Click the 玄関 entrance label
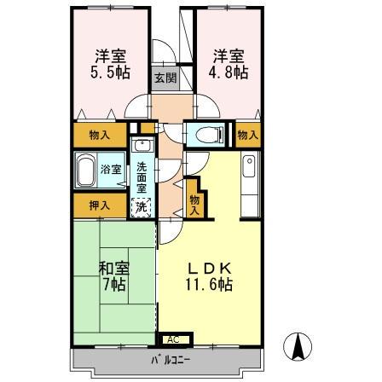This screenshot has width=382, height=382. point(165,78)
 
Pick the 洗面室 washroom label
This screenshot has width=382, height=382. point(142,177)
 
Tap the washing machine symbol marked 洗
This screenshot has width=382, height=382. point(142,205)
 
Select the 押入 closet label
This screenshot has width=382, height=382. point(99,205)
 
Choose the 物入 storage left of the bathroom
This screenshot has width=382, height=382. point(99,135)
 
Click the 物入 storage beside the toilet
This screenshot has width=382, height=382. point(247,134)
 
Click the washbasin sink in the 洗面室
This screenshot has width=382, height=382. point(142,146)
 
